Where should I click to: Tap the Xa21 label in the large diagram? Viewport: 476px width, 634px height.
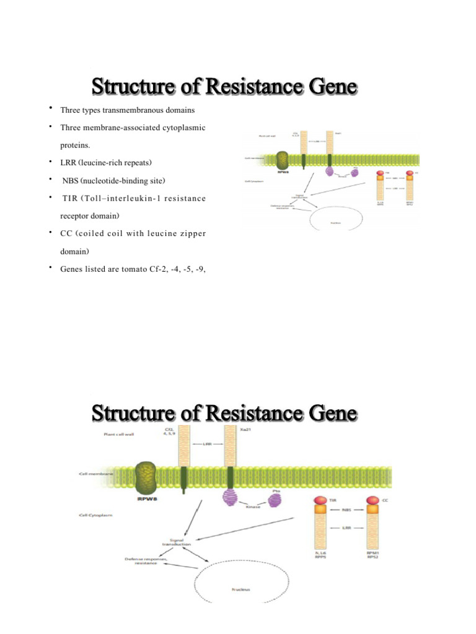pos(231,428)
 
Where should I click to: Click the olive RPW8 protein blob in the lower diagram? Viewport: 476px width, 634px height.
pos(148,476)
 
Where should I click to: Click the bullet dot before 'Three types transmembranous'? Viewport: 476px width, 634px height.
pos(50,109)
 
